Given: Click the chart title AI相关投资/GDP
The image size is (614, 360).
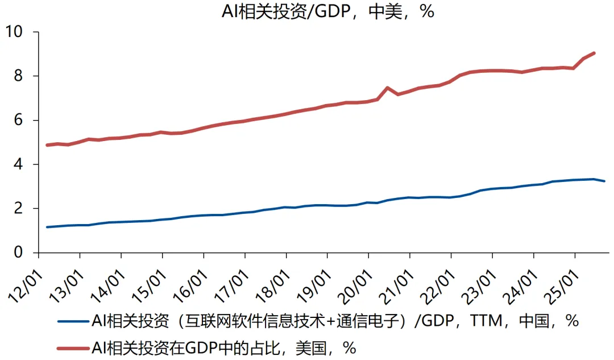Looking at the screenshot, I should point(327,11).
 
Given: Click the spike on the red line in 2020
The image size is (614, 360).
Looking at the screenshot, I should point(387,88).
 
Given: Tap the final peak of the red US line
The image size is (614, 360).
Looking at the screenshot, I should point(594,53).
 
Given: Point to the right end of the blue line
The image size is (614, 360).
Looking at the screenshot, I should point(605,181).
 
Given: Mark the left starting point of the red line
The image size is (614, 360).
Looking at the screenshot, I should point(47,145).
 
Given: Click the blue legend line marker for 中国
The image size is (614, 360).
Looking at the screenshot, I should point(73,321).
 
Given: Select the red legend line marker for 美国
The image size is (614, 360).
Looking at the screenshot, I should point(73,347).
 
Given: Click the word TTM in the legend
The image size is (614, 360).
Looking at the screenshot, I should point(487,321).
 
